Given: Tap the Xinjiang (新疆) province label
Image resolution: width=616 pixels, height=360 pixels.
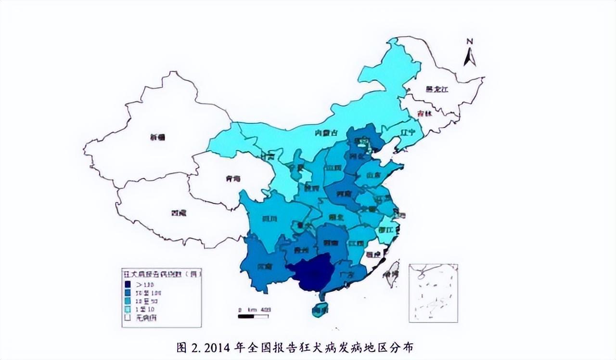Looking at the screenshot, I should pyautogui.click(x=157, y=137).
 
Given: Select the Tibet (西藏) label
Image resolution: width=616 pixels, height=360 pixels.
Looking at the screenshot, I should pyautogui.click(x=179, y=212).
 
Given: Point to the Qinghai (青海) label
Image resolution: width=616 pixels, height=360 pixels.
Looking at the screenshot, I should pyautogui.click(x=232, y=179).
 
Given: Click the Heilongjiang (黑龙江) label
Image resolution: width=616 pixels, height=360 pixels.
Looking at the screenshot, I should pyautogui.click(x=436, y=89).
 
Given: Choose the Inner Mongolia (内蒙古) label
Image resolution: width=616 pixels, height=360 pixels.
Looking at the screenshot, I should pyautogui.click(x=324, y=133).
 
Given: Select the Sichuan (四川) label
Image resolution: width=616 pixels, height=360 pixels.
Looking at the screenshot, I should pyautogui.click(x=269, y=219).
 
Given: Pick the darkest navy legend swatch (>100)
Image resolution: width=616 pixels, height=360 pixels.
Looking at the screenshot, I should pyautogui.click(x=128, y=284).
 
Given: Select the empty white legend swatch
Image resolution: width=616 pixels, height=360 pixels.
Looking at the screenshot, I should pyautogui.click(x=128, y=318).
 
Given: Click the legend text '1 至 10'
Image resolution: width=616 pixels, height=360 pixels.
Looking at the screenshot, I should pyautogui.click(x=145, y=309).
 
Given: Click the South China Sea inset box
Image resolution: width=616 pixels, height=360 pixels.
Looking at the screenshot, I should pyautogui.click(x=433, y=293).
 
